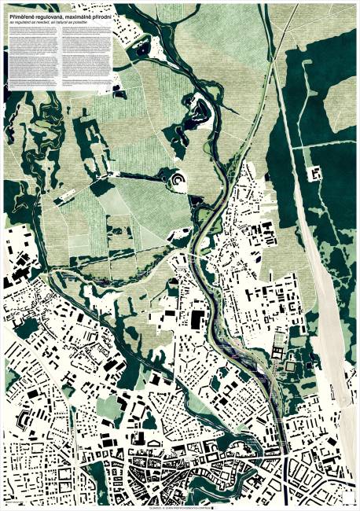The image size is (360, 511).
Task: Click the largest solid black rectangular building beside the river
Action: pos(196,318)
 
